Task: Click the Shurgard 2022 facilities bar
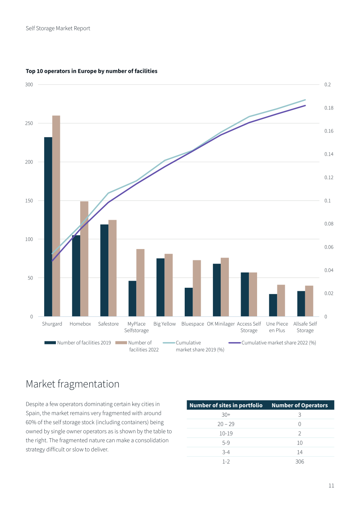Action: click(x=56, y=216)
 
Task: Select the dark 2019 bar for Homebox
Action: click(x=76, y=276)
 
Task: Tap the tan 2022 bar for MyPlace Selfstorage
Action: click(x=140, y=283)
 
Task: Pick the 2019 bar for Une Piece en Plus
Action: click(x=273, y=305)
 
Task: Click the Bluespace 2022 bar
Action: click(x=197, y=288)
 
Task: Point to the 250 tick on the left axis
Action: click(x=29, y=123)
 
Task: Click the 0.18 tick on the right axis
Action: click(x=329, y=108)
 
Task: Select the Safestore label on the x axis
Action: click(x=108, y=324)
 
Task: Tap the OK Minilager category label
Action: click(x=221, y=324)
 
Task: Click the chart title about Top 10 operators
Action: click(x=92, y=71)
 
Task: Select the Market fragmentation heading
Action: click(x=72, y=384)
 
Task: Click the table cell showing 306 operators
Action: click(x=299, y=462)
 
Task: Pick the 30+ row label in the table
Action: click(x=226, y=415)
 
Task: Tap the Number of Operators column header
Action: click(x=299, y=405)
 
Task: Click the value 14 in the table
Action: click(x=299, y=452)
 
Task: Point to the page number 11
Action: click(x=331, y=486)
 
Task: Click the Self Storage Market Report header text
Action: click(x=58, y=29)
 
